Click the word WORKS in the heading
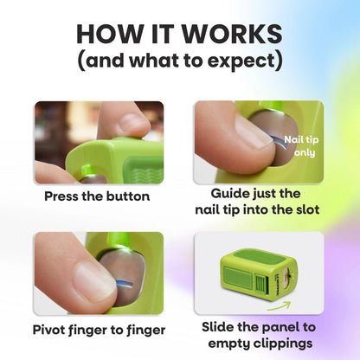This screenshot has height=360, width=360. click(x=232, y=34)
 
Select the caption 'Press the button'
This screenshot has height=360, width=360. click(x=97, y=196)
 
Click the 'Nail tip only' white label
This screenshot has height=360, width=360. click(x=301, y=146)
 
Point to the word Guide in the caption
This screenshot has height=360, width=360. click(x=228, y=193)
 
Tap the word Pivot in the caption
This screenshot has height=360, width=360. click(x=48, y=330)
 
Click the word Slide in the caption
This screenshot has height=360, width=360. click(x=216, y=327)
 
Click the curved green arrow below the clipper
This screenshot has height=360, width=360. click(x=279, y=306)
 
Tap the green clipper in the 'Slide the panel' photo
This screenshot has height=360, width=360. click(x=259, y=273)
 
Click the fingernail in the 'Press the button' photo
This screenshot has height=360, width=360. click(x=132, y=122)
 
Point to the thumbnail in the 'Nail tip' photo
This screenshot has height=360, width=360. click(x=253, y=129)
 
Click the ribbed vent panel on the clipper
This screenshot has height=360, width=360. click(x=262, y=284)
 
